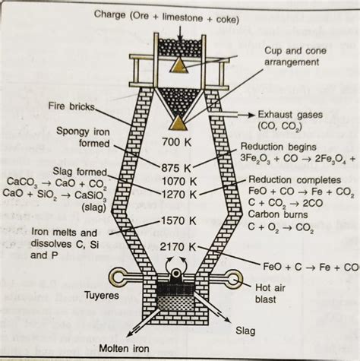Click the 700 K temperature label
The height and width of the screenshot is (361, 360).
click(x=180, y=141)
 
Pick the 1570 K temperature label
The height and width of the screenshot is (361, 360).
click(x=180, y=220)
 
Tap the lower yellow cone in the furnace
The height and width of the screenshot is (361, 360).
click(x=179, y=122)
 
